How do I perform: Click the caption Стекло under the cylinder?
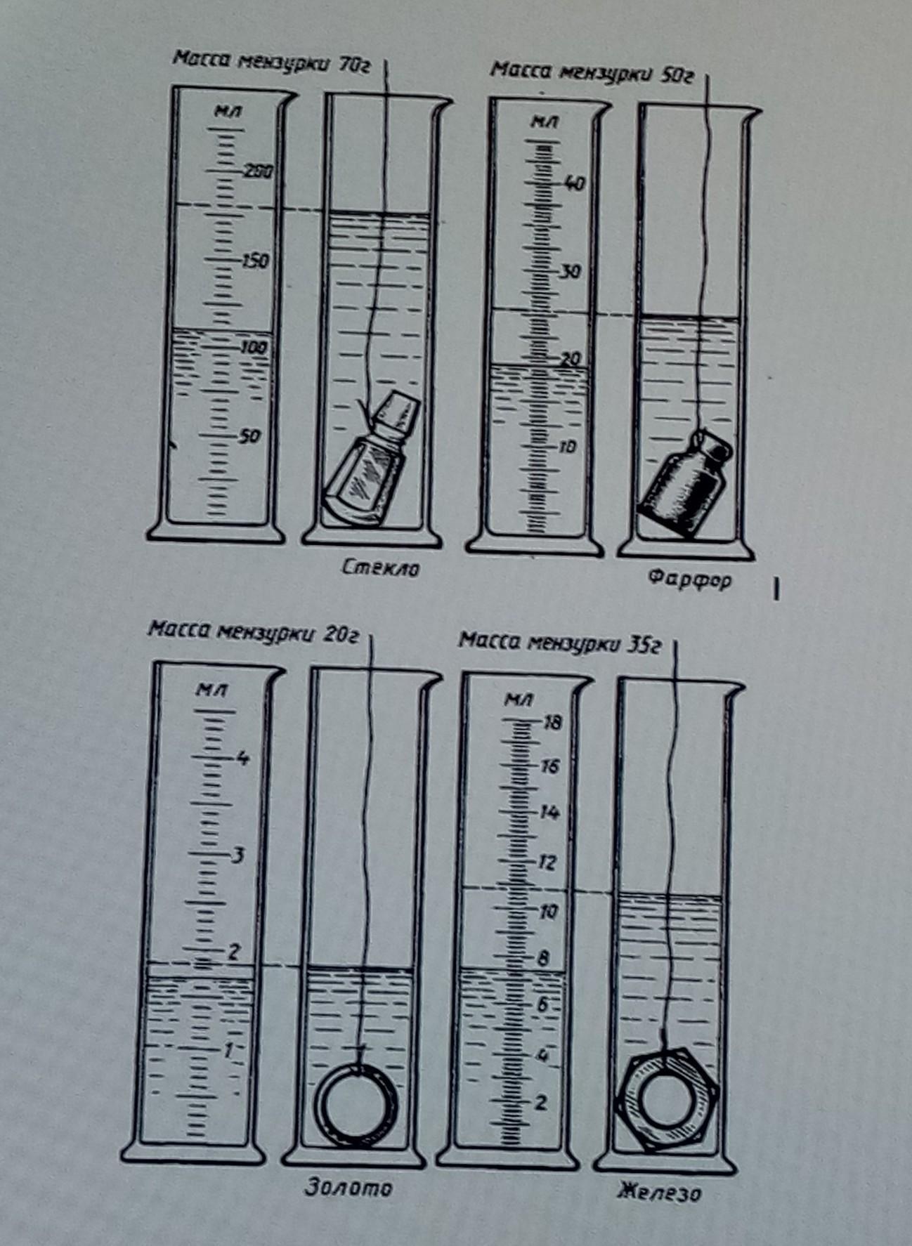380,568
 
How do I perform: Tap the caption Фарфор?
690,579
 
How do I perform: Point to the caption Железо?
660,1192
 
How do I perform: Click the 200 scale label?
258,171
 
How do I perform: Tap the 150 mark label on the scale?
255,261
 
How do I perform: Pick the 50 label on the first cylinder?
249,436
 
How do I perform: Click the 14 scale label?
549,813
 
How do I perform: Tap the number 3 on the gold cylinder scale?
239,855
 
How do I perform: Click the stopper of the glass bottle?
397,414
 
